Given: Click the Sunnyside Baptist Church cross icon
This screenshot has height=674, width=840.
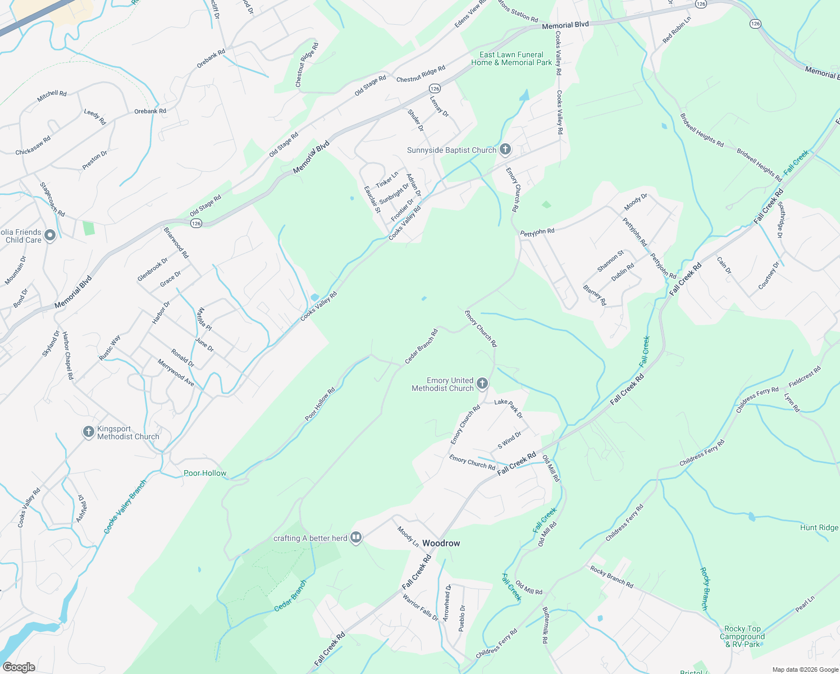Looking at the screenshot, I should [505, 149].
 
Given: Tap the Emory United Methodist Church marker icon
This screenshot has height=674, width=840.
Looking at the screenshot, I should [482, 384].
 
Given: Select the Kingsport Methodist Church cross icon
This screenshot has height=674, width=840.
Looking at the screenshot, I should [88, 432].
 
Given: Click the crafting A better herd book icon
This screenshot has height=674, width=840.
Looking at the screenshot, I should [355, 538].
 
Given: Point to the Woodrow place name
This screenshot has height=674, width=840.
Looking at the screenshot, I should [441, 543].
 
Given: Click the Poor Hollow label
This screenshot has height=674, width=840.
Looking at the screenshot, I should [205, 473].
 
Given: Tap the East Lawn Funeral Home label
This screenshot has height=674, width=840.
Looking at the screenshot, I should [512, 58].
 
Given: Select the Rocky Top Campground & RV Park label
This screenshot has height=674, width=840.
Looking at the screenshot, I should [742, 636].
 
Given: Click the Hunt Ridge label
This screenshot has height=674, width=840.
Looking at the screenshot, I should [819, 527].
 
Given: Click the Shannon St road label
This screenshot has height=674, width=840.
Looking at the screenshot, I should [610, 261].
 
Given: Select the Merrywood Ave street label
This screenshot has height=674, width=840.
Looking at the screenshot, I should [176, 373].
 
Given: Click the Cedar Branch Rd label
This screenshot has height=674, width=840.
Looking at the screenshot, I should [421, 346].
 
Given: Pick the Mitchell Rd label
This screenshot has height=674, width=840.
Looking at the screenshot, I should [52, 96].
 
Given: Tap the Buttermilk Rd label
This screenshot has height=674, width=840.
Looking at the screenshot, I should [545, 625].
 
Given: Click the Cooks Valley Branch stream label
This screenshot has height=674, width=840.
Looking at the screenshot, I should [125, 507].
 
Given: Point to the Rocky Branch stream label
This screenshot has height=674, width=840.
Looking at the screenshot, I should [704, 589].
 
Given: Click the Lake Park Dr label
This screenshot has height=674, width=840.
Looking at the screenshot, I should [509, 408].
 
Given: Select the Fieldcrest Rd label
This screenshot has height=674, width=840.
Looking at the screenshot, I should [805, 376].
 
